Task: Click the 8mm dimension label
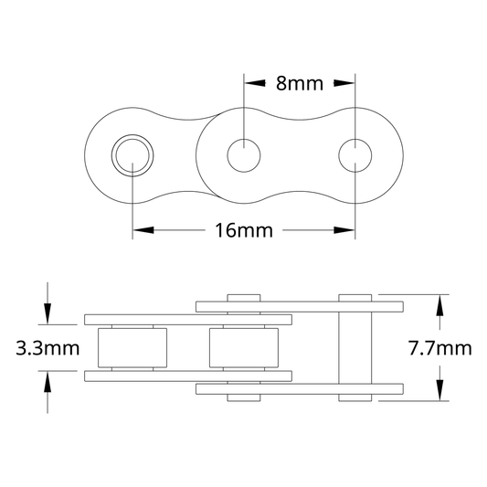(x=300, y=83)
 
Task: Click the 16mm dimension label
(x=244, y=230)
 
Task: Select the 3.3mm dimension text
(x=48, y=348)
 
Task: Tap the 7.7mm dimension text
(x=440, y=348)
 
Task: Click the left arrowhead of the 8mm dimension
(x=255, y=83)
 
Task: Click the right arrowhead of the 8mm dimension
(x=344, y=83)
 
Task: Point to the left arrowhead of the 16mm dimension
(x=143, y=230)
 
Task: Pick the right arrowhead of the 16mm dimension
(x=344, y=230)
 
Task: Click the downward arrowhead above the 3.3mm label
(x=48, y=313)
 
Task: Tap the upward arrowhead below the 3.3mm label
(x=48, y=382)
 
